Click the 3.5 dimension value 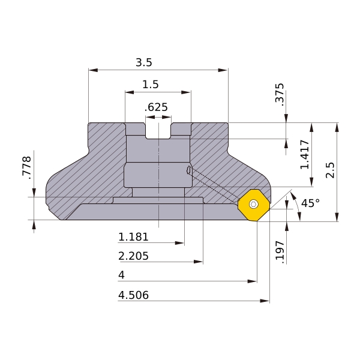tap(144, 62)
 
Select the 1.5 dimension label tap(151, 85)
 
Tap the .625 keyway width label tap(156, 107)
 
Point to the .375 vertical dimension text tap(280, 94)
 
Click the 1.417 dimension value tap(305, 154)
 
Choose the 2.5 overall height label tap(330, 170)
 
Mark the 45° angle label tap(310, 203)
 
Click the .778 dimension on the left tap(26, 167)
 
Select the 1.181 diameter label tap(133, 237)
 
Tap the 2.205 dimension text tap(133, 256)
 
